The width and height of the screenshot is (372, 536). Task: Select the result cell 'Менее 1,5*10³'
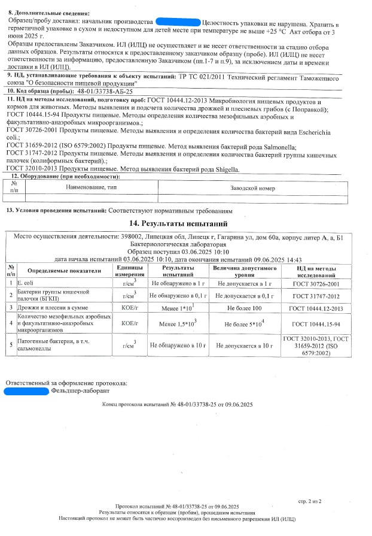(x=178, y=323)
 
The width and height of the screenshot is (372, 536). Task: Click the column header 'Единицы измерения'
(x=129, y=270)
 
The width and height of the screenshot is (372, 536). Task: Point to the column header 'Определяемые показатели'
(x=65, y=270)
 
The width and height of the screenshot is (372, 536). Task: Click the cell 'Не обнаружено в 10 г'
(x=178, y=345)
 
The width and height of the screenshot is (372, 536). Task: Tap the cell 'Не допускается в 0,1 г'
(x=243, y=295)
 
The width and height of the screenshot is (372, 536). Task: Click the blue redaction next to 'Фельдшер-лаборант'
(x=26, y=391)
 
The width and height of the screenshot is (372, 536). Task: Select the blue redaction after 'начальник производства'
(x=177, y=22)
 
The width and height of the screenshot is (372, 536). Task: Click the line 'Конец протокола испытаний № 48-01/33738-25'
(x=177, y=405)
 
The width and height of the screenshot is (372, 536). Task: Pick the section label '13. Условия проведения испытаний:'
(x=56, y=211)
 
